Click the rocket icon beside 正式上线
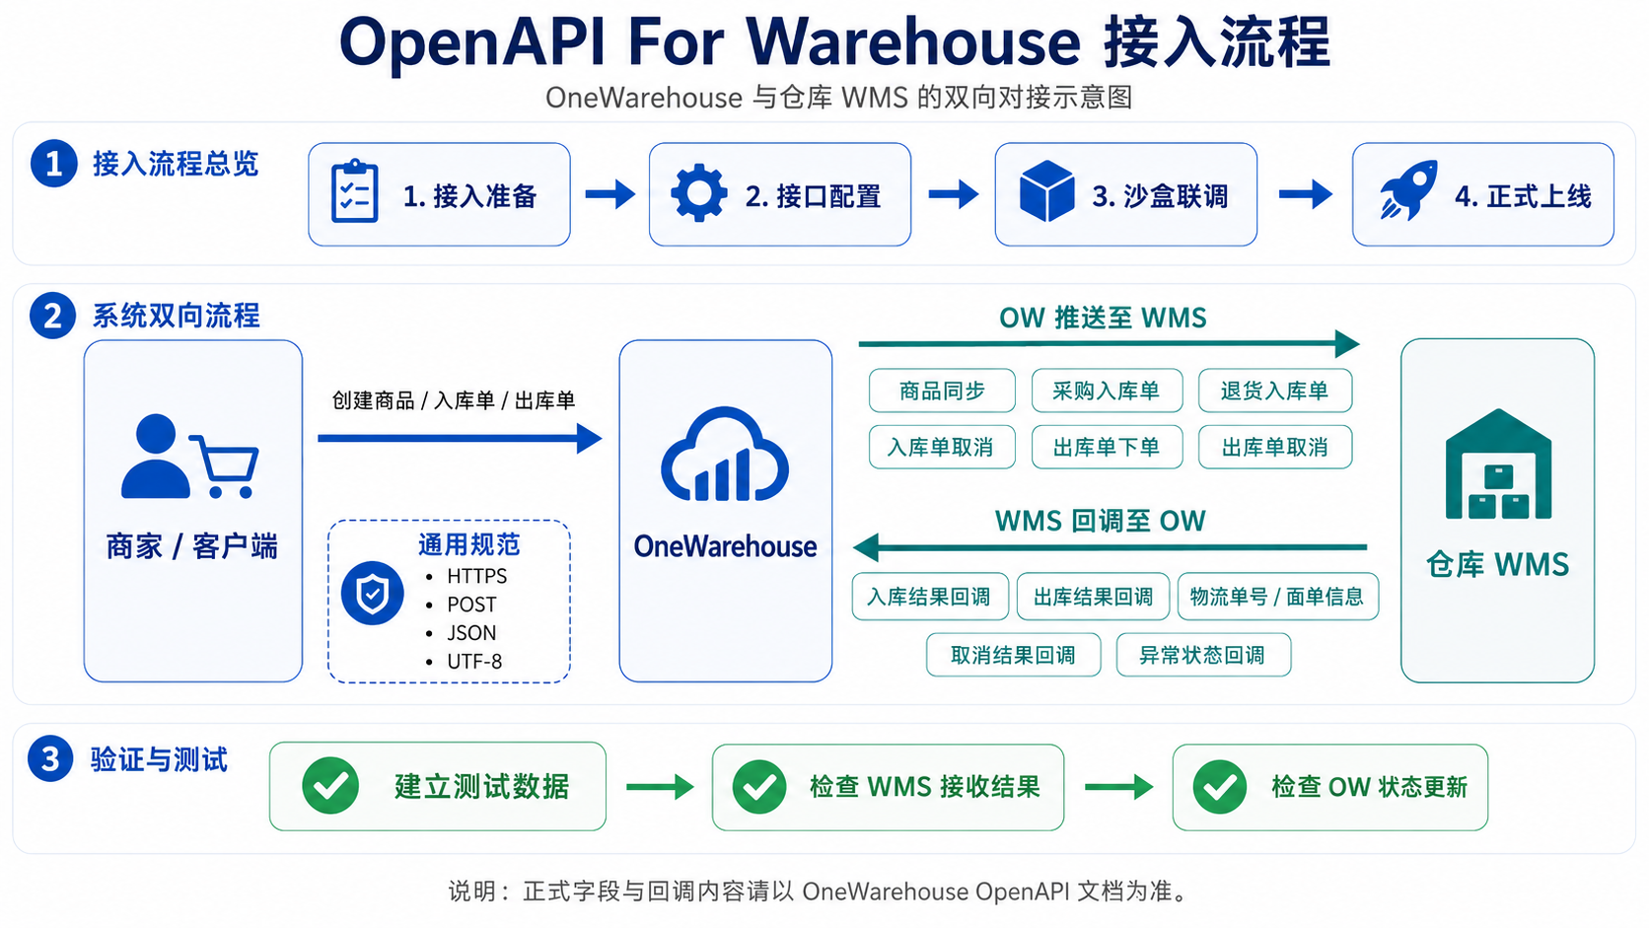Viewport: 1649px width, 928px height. coord(1408,190)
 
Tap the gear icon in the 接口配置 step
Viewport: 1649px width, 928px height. coord(698,193)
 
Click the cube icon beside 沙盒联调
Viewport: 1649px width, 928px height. coord(1046,190)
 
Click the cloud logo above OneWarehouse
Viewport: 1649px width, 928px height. coord(725,454)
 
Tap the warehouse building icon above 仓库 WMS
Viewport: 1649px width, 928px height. coord(1498,464)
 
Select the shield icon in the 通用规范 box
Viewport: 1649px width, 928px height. coord(373,593)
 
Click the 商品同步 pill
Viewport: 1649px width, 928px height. coord(942,391)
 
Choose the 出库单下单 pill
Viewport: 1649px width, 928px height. coord(1108,447)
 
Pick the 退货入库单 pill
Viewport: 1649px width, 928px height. coord(1275,391)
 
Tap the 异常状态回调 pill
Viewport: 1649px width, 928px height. coord(1203,654)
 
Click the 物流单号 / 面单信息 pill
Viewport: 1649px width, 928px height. coord(1278,596)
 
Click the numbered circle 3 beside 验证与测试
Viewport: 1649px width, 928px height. coord(50,758)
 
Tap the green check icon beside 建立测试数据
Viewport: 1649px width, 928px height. coord(330,786)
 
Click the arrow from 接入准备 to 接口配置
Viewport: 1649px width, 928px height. coord(610,194)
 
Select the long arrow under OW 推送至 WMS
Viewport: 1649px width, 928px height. coord(1109,343)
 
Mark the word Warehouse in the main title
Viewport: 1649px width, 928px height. coord(913,42)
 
